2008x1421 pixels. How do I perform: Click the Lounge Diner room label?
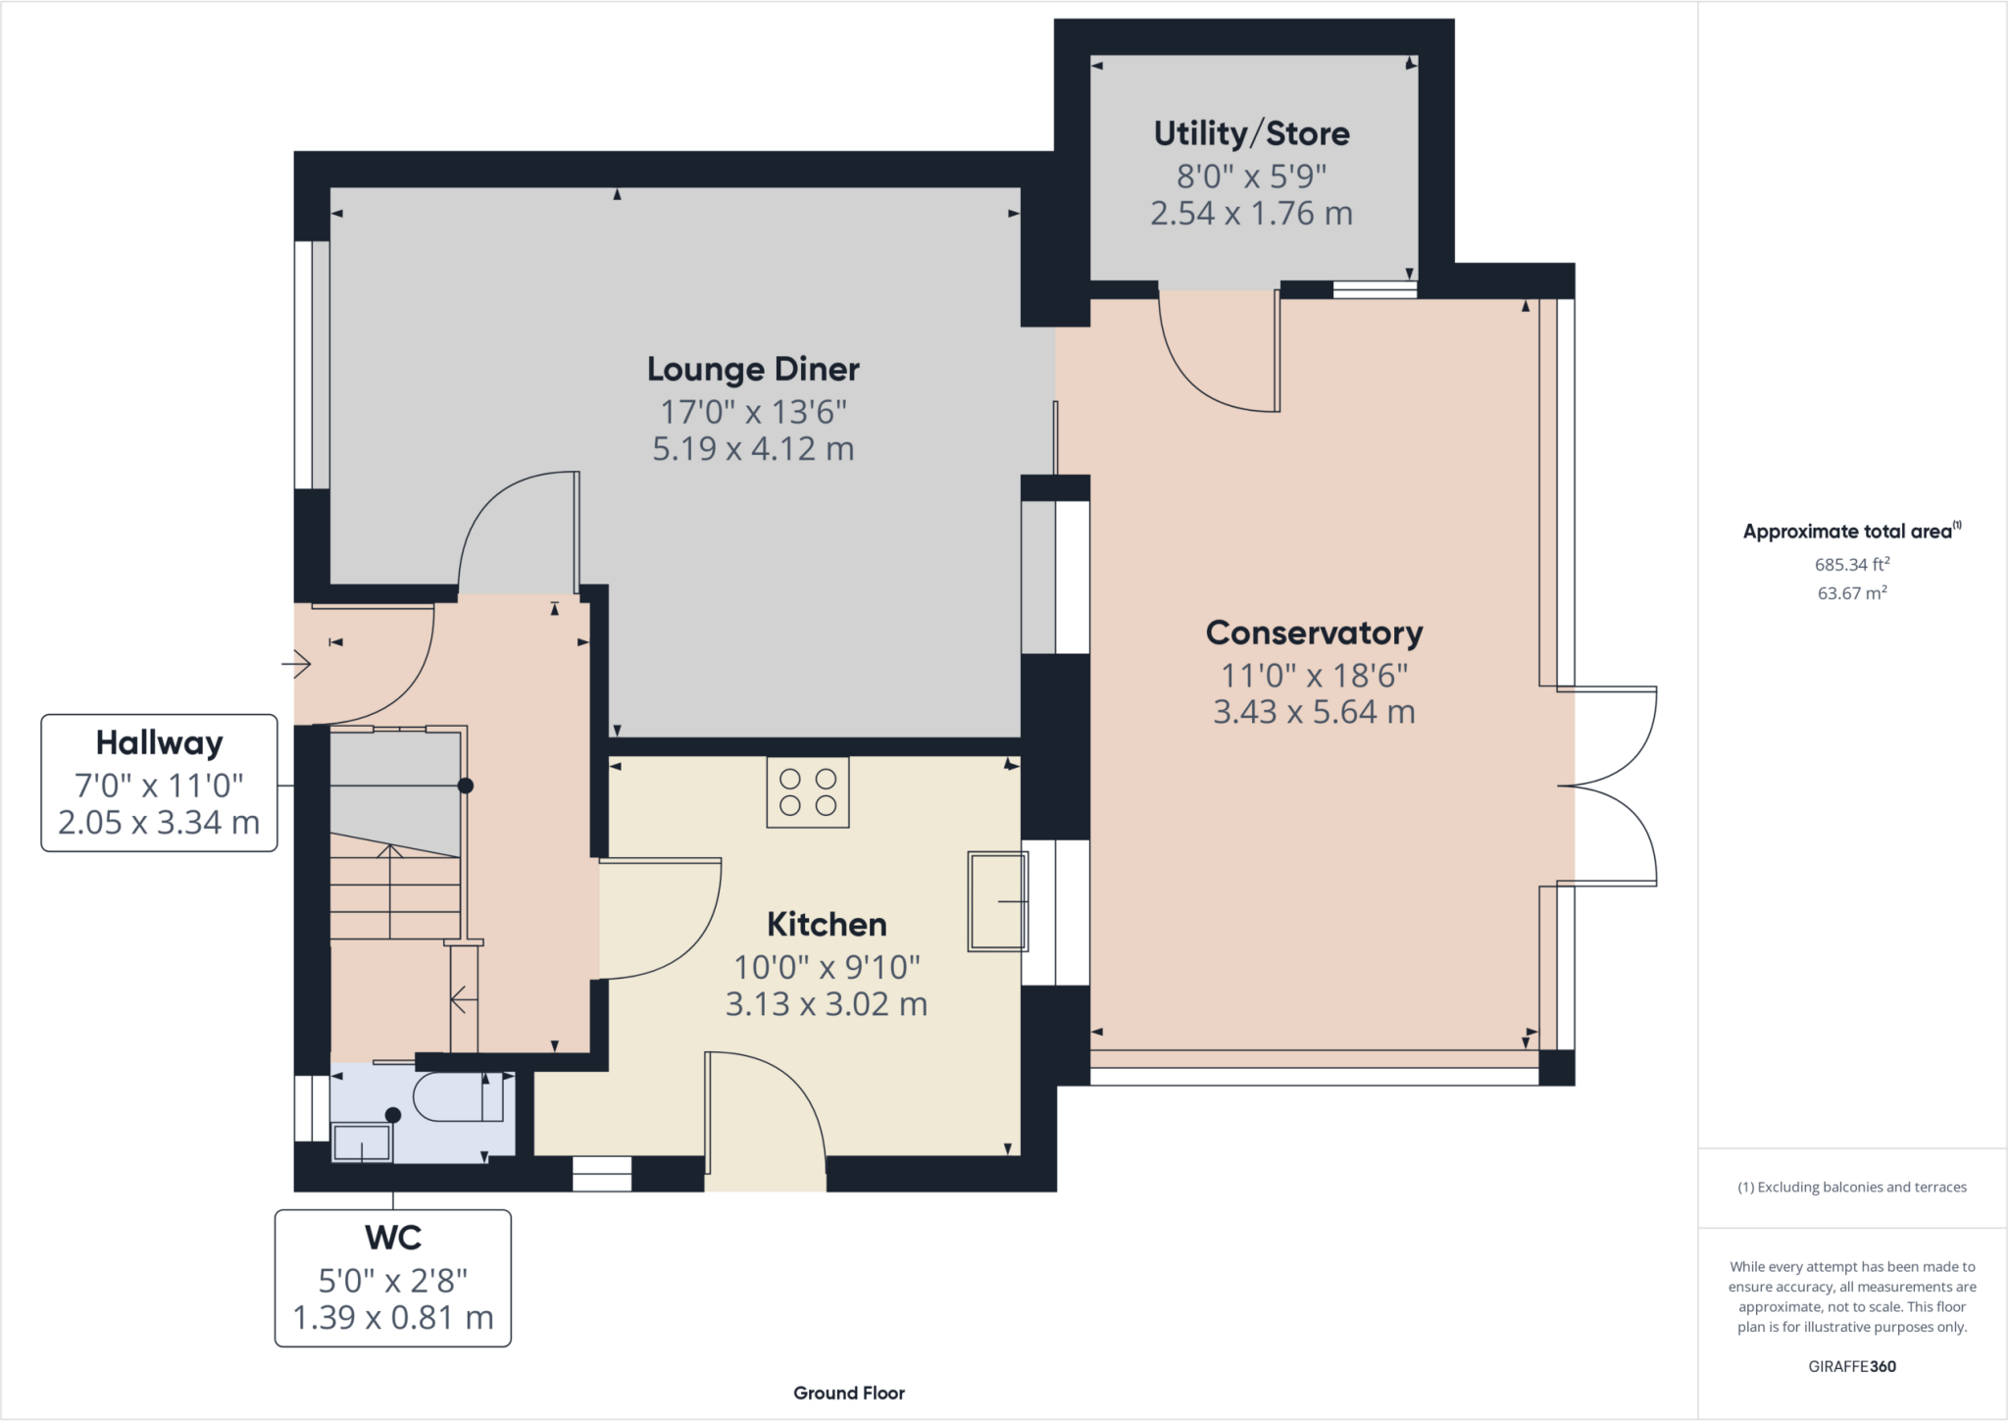pos(753,369)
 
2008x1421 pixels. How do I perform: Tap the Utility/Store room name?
pos(1252,133)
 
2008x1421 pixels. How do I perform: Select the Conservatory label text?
pos(1314,634)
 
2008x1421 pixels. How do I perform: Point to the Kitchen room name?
pos(827,924)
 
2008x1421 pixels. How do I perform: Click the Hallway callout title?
pos(160,743)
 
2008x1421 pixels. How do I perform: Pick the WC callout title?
pos(393,1238)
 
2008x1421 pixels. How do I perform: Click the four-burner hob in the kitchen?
pos(808,792)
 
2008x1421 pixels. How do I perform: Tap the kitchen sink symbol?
pos(998,901)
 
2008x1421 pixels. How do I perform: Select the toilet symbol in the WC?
pos(459,1097)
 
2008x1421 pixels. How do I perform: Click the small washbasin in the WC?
pos(362,1142)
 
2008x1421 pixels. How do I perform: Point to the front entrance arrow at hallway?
pos(296,664)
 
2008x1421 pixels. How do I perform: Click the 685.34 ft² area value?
pos(1852,564)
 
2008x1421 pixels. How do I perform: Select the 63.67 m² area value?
pos(1852,592)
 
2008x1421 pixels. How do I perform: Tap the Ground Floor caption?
pos(849,1393)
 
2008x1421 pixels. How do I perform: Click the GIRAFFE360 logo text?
pos(1852,1366)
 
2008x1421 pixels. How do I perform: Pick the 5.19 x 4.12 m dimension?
pos(753,449)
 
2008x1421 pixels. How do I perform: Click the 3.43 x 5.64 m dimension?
pos(1314,712)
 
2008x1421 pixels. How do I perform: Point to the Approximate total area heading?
pos(1852,531)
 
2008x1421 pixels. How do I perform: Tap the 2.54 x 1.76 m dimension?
pos(1252,214)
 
